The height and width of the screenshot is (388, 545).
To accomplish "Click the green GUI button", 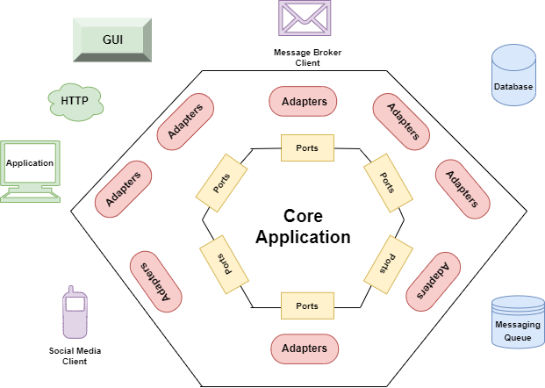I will pos(111,39).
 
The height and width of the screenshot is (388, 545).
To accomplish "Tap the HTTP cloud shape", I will pos(75,101).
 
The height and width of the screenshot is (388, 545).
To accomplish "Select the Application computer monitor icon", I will pos(31,169).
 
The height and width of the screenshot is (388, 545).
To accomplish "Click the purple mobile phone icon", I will pos(75,313).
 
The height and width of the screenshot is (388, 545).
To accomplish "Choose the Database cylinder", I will pos(513,75).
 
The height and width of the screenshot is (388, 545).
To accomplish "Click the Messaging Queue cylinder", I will pos(517,325).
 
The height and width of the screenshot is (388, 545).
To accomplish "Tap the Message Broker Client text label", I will pos(306,58).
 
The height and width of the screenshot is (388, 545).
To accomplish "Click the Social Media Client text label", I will pos(75,356).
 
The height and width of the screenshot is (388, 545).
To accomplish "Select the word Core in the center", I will pos(304,216).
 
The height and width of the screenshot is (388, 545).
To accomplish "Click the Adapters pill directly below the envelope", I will pos(304,102).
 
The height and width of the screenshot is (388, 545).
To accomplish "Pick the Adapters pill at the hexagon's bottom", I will pos(304,348).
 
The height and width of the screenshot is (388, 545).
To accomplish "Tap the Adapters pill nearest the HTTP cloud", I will pos(186,120).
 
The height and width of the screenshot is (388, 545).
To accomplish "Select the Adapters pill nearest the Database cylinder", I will pos(401,120).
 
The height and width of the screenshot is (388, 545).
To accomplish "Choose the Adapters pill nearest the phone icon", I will pos(155,280).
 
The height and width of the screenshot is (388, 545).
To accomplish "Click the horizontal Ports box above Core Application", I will pos(306,147).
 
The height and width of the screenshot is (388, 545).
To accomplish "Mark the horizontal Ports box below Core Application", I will pos(306,305).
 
